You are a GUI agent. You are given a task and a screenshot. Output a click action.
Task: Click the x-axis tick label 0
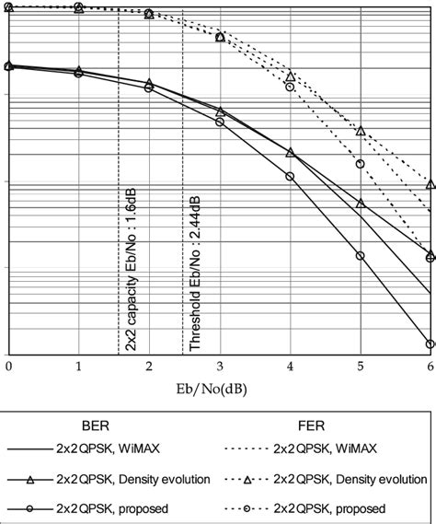point(8,367)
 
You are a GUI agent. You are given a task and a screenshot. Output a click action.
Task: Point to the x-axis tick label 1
point(78,367)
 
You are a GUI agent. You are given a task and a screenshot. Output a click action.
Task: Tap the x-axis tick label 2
point(149,367)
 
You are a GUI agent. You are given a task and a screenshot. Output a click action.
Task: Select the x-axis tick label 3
point(220,367)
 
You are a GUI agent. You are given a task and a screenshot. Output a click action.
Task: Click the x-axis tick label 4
point(290,367)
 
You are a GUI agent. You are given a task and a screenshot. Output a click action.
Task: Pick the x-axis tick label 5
point(361,367)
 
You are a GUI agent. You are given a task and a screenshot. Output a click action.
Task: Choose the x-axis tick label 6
point(430,367)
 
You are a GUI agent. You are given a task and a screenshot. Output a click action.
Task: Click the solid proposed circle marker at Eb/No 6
point(430,344)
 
